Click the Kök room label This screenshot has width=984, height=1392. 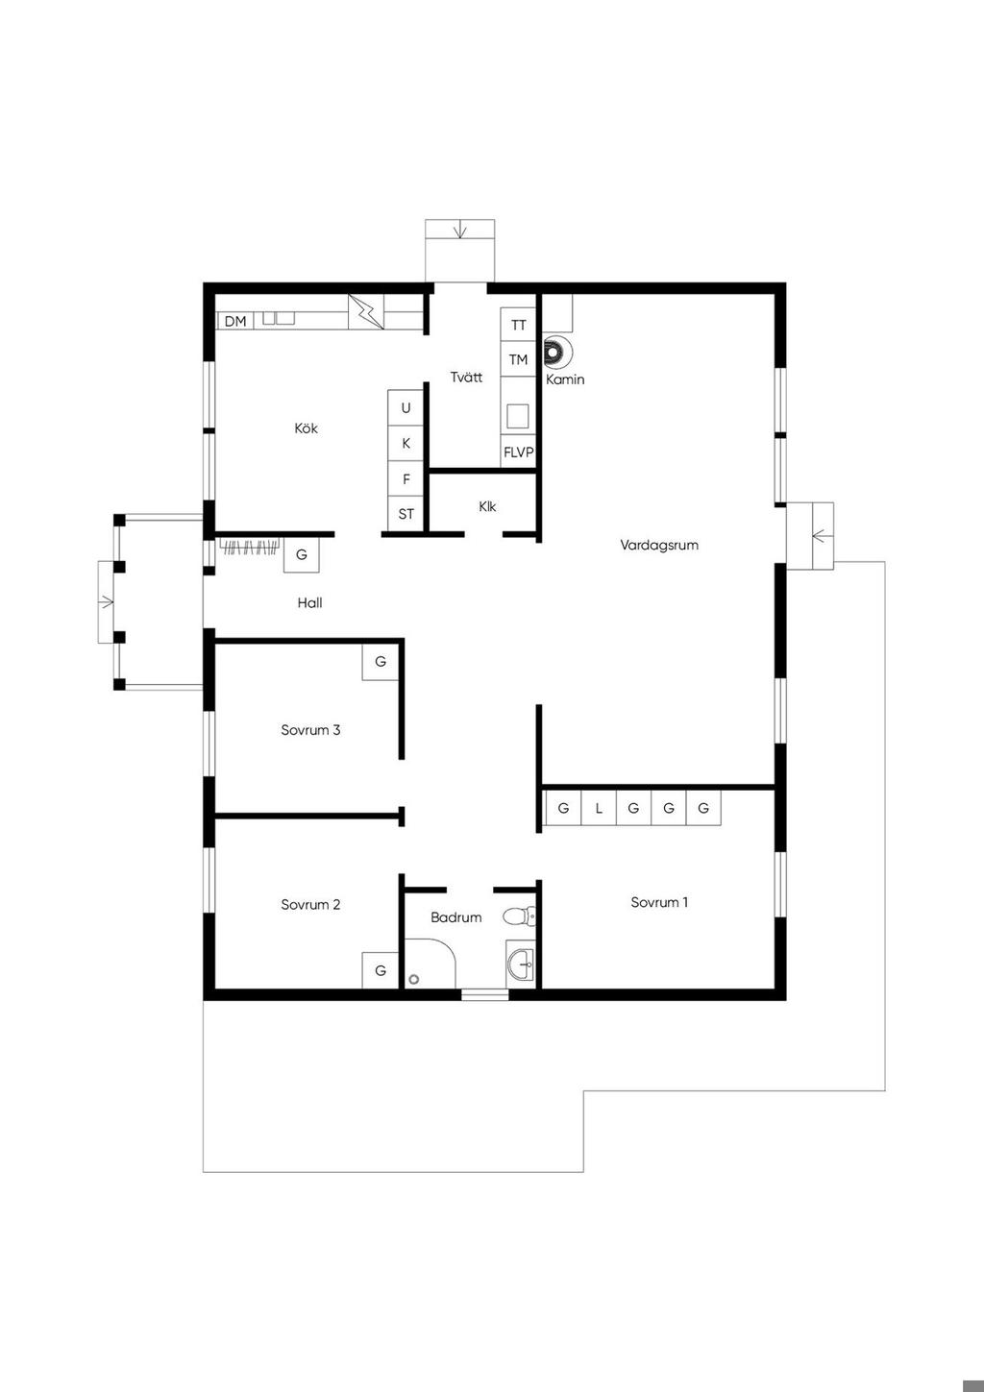pyautogui.click(x=306, y=428)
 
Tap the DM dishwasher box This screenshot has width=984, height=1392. pyautogui.click(x=235, y=321)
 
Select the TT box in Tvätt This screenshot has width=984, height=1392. pyautogui.click(x=518, y=325)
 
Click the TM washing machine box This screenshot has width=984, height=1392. pyautogui.click(x=518, y=359)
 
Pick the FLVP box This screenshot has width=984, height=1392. pyautogui.click(x=518, y=452)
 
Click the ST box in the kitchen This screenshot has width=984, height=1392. pyautogui.click(x=406, y=514)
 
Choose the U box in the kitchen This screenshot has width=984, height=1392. pyautogui.click(x=406, y=407)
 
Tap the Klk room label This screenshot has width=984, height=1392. pyautogui.click(x=487, y=506)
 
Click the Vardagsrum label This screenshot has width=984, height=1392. pyautogui.click(x=659, y=545)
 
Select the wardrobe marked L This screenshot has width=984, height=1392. pyautogui.click(x=599, y=808)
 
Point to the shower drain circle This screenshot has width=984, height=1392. pyautogui.click(x=414, y=979)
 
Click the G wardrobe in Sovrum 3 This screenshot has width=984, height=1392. pyautogui.click(x=381, y=662)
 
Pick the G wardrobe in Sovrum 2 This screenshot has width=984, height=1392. pyautogui.click(x=381, y=970)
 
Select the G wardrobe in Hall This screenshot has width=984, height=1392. pyautogui.click(x=302, y=554)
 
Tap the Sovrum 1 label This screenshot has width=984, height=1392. pyautogui.click(x=659, y=902)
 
